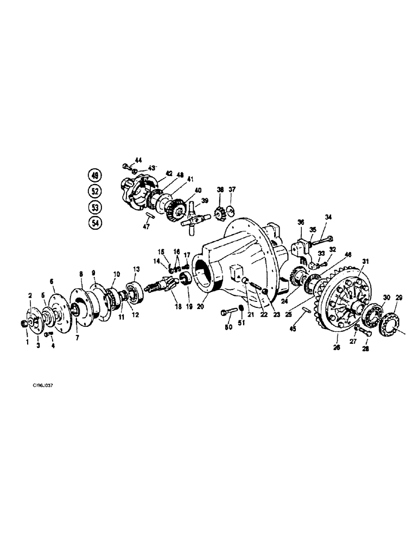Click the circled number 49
pyautogui.click(x=96, y=175)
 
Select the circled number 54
pyautogui.click(x=96, y=223)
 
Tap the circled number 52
pyautogui.click(x=96, y=191)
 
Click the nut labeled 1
pyautogui.click(x=23, y=324)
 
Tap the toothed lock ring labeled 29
pyautogui.click(x=390, y=327)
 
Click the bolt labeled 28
pyautogui.click(x=364, y=331)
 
